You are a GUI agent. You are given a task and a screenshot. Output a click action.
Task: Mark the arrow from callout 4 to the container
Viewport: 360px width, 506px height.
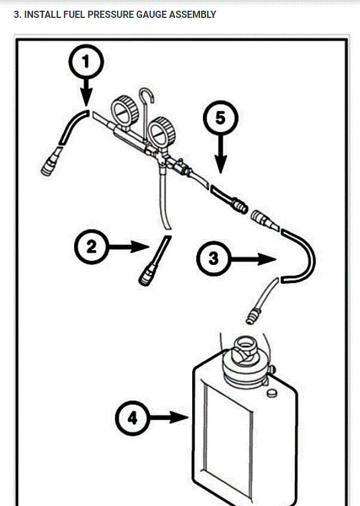tap(170, 417)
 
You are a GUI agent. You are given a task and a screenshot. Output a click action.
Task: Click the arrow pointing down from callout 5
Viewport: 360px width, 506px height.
tap(220, 157)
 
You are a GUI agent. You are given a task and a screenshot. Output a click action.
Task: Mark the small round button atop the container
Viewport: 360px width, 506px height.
tap(272, 393)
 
